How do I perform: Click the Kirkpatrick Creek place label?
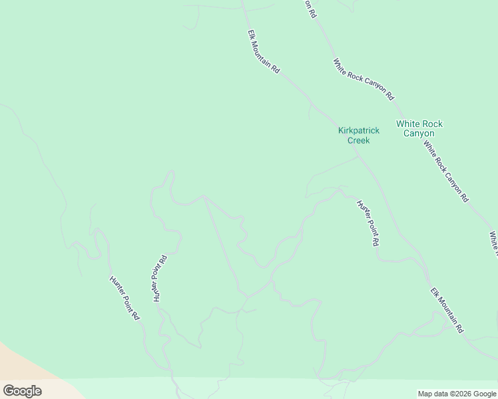pyautogui.click(x=358, y=135)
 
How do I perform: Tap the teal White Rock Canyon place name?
pyautogui.click(x=419, y=128)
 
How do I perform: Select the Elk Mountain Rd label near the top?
pyautogui.click(x=264, y=51)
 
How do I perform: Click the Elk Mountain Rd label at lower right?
pyautogui.click(x=446, y=311)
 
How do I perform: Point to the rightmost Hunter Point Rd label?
pyautogui.click(x=368, y=223)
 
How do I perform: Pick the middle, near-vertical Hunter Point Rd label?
pyautogui.click(x=160, y=278)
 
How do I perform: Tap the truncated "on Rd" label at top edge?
pyautogui.click(x=310, y=8)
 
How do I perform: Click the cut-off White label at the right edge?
pyautogui.click(x=494, y=243)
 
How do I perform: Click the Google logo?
pyautogui.click(x=22, y=391)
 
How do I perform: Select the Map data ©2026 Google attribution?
pyautogui.click(x=457, y=394)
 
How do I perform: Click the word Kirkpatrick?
pyautogui.click(x=358, y=130)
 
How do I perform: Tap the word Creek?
pyautogui.click(x=358, y=140)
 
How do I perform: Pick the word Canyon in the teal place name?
pyautogui.click(x=419, y=133)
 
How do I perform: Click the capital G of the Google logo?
pyautogui.click(x=9, y=391)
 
